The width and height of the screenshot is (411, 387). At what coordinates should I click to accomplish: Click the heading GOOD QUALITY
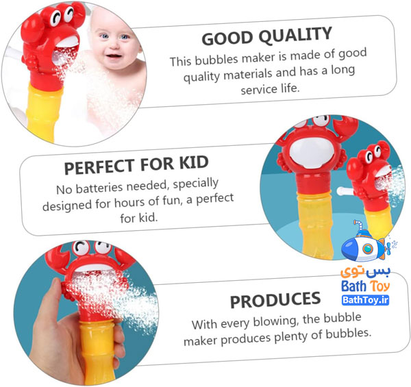click(267, 36)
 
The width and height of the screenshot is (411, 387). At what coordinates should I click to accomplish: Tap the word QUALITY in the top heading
click(295, 35)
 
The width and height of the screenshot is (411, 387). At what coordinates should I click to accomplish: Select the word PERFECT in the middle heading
click(99, 166)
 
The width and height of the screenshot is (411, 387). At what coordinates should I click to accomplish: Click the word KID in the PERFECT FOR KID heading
click(194, 162)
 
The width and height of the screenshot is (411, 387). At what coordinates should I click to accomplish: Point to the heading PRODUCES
click(275, 300)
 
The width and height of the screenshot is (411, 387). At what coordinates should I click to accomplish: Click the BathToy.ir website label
click(365, 300)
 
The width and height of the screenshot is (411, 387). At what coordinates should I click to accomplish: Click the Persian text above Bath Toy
click(365, 273)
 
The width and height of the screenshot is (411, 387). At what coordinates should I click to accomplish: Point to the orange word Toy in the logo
click(380, 286)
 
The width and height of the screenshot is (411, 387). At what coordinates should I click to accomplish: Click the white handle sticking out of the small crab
click(345, 191)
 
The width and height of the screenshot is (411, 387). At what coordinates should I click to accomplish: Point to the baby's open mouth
click(114, 57)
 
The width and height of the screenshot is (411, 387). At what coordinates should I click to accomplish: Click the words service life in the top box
click(270, 89)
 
